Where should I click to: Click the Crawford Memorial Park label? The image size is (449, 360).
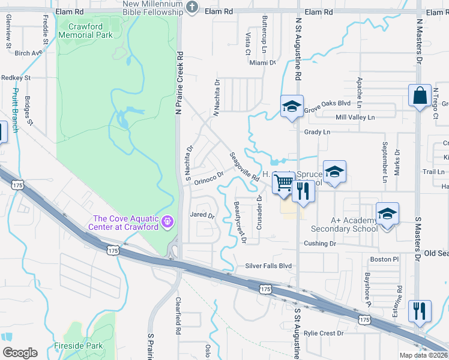[x=85, y=31]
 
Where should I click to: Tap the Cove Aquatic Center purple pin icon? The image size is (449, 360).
[x=167, y=222]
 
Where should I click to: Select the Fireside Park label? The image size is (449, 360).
[x=79, y=346]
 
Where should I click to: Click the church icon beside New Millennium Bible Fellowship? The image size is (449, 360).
[x=191, y=8]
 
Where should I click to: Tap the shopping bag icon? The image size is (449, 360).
[x=420, y=96]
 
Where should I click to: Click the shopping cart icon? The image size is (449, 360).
[x=284, y=182]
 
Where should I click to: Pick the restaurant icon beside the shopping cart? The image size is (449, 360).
[x=303, y=190]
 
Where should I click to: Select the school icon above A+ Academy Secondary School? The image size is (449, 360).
[x=387, y=214]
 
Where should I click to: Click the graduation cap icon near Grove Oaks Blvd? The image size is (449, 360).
[x=292, y=107]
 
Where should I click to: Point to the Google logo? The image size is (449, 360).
[x=20, y=353]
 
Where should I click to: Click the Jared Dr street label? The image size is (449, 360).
[x=202, y=215]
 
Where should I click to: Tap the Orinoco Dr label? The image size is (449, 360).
[x=208, y=176]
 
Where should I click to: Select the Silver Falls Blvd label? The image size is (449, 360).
[x=268, y=266]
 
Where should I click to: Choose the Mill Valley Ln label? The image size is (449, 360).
[x=355, y=117]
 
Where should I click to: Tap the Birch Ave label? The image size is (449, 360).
[x=28, y=53]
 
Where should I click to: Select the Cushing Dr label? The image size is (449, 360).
[x=320, y=244]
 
